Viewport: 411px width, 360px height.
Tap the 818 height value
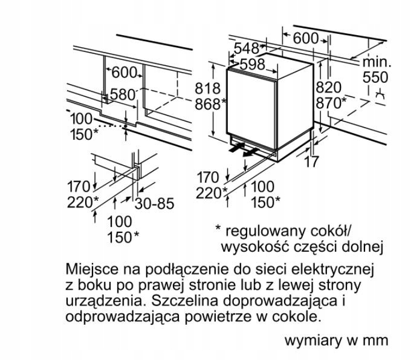tap(207, 88)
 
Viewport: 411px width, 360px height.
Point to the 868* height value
tap(209, 103)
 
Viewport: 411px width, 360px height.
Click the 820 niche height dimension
tap(328, 88)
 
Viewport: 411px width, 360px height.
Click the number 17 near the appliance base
tap(312, 162)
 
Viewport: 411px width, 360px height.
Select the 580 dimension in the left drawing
tap(122, 94)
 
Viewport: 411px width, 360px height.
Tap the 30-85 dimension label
tap(154, 204)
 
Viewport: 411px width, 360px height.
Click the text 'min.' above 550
tap(377, 62)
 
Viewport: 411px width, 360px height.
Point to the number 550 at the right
tap(377, 77)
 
